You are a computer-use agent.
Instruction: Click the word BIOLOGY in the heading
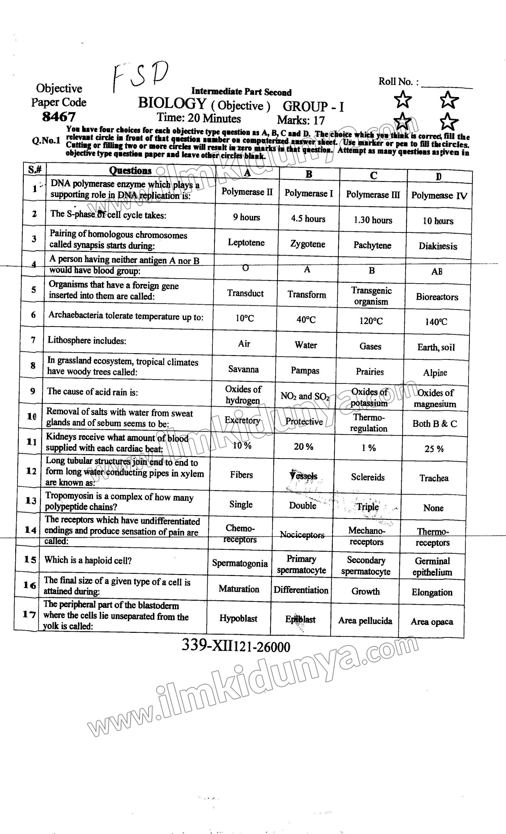click(172, 103)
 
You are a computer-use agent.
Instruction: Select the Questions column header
click(130, 171)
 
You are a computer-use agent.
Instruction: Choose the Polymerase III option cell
click(373, 195)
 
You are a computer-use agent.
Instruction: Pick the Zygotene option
click(308, 244)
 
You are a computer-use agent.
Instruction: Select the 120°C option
click(371, 321)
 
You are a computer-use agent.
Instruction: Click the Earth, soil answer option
click(436, 347)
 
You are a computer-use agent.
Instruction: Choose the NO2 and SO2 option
click(305, 396)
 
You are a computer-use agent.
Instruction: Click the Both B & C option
click(435, 424)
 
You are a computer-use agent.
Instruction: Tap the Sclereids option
click(368, 477)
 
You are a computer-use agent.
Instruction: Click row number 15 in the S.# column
click(30, 560)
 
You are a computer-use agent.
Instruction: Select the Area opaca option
click(432, 621)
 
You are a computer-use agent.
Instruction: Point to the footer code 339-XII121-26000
click(236, 646)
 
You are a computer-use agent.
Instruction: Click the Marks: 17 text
click(301, 120)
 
